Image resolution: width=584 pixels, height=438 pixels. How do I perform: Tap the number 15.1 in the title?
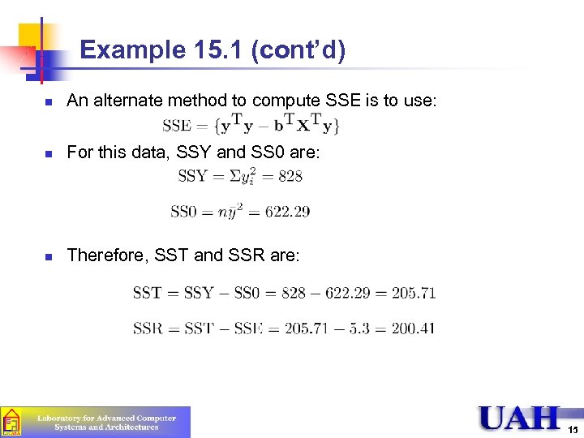pos(221,51)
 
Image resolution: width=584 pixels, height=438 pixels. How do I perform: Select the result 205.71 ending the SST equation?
pos(413,293)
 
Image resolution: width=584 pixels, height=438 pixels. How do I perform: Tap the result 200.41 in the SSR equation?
pos(413,328)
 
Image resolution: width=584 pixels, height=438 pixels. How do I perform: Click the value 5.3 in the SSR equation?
pos(365,328)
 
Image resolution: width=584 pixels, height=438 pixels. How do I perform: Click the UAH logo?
pos(518,418)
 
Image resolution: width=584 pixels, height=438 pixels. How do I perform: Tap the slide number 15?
pos(573,429)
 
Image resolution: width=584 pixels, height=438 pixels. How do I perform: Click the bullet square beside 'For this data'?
pos(48,152)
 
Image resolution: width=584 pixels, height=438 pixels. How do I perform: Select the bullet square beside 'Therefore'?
pos(48,256)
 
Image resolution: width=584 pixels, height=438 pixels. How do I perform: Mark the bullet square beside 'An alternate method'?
pos(48,102)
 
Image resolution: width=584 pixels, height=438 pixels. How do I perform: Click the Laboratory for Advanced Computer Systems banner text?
pos(106,423)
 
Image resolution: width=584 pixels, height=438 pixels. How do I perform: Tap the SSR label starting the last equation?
pos(148,328)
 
